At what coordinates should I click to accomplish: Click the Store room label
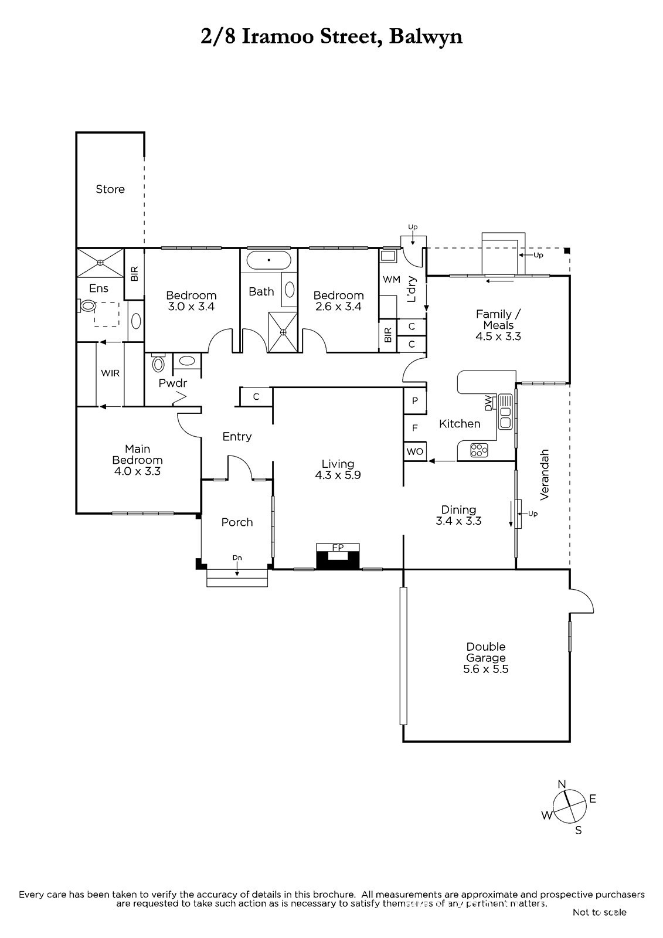pyautogui.click(x=110, y=189)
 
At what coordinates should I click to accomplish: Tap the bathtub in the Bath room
pyautogui.click(x=268, y=260)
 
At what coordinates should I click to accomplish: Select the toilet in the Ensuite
pyautogui.click(x=87, y=306)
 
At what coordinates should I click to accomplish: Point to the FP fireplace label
pyautogui.click(x=338, y=548)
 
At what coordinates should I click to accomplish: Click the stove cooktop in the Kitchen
pyautogui.click(x=479, y=450)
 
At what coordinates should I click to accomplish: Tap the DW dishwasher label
pyautogui.click(x=488, y=403)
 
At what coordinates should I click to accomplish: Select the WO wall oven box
pyautogui.click(x=415, y=451)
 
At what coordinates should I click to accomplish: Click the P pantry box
pyautogui.click(x=415, y=401)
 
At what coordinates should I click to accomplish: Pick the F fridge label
pyautogui.click(x=415, y=428)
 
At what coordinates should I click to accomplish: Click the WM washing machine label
pyautogui.click(x=392, y=279)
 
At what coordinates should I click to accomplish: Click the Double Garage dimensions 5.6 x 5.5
pyautogui.click(x=486, y=669)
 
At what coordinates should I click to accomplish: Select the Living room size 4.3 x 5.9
pyautogui.click(x=338, y=475)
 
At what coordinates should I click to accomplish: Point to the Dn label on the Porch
pyautogui.click(x=237, y=558)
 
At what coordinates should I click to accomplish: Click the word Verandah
pyautogui.click(x=544, y=474)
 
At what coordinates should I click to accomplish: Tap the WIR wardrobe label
pyautogui.click(x=110, y=373)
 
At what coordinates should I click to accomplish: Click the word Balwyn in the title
pyautogui.click(x=426, y=37)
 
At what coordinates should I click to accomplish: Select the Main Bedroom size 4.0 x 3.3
pyautogui.click(x=137, y=471)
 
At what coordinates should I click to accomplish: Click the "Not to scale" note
pyautogui.click(x=599, y=912)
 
